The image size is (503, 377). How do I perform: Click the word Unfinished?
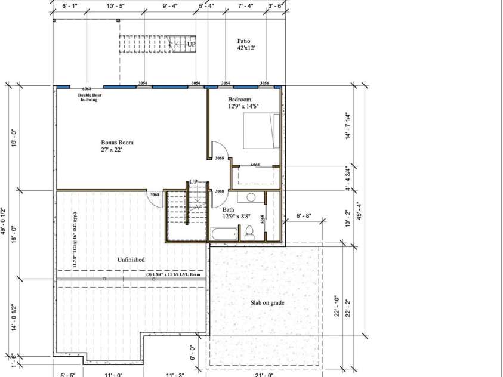(x=131, y=259)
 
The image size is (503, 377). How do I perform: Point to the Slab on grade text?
(x=267, y=303)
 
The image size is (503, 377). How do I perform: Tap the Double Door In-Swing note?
(x=92, y=97)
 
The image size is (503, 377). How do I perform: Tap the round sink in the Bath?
(x=251, y=197)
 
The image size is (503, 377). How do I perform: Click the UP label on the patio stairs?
(x=192, y=44)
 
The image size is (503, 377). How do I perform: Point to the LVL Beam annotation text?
(x=177, y=275)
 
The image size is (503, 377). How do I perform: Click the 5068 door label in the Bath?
(x=262, y=219)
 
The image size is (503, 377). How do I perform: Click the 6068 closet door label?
(x=255, y=165)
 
